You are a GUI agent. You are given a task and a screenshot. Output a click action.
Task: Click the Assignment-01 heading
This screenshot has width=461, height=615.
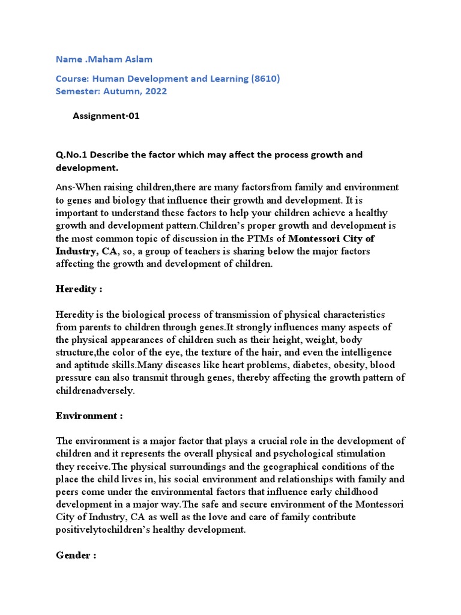tap(106, 116)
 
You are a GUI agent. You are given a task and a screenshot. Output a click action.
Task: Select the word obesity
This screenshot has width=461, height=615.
tap(348, 365)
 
